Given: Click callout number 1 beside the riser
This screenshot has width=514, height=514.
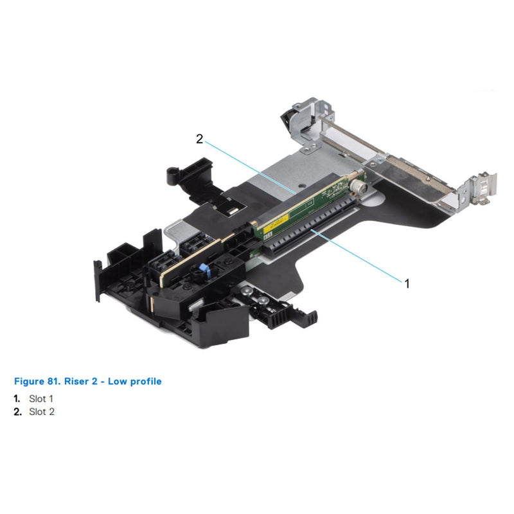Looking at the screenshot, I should coord(406,283).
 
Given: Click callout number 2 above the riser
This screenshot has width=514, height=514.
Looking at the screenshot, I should coord(200,139).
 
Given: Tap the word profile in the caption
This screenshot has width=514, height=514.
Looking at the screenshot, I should coord(144,382).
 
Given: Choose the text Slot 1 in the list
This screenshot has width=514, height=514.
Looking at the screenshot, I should coord(41,399).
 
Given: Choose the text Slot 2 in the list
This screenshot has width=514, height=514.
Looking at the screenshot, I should coord(41,412).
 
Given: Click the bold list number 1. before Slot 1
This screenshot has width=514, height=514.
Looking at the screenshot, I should coord(17,399).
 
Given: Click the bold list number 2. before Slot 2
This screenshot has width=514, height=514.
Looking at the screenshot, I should coord(17,412).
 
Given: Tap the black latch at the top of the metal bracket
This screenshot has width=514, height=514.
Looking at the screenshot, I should coord(287,118).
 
